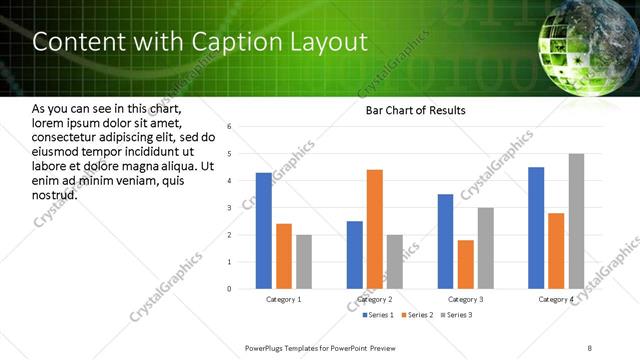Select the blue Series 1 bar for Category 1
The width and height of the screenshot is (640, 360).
263,231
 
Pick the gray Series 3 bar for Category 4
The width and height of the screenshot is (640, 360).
576,221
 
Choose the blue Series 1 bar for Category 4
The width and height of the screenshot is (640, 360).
536,228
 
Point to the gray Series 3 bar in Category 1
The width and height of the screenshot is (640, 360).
303,262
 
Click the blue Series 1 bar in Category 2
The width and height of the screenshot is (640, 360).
355,255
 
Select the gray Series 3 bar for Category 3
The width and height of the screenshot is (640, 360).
485,248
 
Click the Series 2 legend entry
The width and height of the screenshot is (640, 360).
414,315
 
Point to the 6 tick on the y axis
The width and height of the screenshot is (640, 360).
230,127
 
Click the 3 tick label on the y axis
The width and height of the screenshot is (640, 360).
230,208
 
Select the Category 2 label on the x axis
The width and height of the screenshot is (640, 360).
375,299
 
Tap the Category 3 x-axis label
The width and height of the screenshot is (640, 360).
465,299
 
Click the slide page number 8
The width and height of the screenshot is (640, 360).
590,348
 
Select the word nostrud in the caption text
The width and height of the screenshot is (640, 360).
55,193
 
